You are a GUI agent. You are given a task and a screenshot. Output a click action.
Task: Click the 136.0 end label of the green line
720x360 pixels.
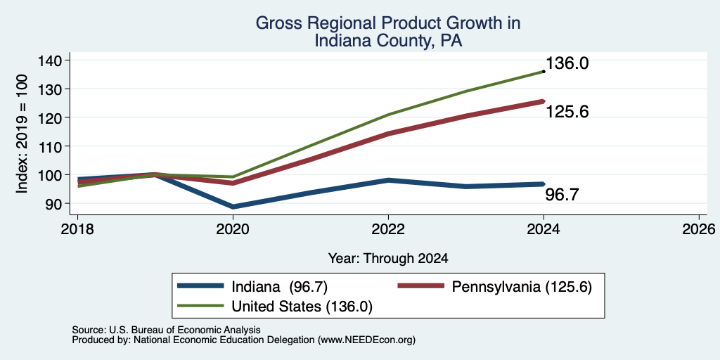coord(567,63)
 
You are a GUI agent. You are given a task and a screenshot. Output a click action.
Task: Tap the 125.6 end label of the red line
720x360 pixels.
coord(567,112)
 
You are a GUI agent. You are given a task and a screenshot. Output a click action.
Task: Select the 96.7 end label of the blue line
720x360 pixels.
coord(562,195)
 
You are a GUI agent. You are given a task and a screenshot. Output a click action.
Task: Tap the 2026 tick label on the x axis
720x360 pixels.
coord(698,229)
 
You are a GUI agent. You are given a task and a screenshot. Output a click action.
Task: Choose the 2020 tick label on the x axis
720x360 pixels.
coord(233,229)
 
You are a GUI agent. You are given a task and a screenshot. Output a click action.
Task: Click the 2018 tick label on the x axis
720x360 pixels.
coord(77,229)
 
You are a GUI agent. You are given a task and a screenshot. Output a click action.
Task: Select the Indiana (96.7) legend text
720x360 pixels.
coord(279,287)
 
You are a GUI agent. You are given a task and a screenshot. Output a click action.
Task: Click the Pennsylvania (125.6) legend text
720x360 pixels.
coord(522,287)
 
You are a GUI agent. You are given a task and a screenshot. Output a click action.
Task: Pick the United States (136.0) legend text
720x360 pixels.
coord(302,307)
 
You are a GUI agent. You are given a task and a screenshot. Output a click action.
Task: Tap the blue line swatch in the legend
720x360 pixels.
coord(200,286)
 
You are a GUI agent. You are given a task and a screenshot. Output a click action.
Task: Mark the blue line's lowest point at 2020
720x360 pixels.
coord(233,207)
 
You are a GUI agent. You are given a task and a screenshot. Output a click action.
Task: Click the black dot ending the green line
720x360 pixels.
coord(544,72)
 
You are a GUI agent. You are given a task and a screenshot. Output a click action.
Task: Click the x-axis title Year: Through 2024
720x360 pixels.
coord(388,259)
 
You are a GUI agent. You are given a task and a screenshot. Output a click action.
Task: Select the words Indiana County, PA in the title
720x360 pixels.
coord(388,41)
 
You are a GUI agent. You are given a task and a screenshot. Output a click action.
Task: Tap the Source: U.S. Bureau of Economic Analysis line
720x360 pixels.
coord(166,330)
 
